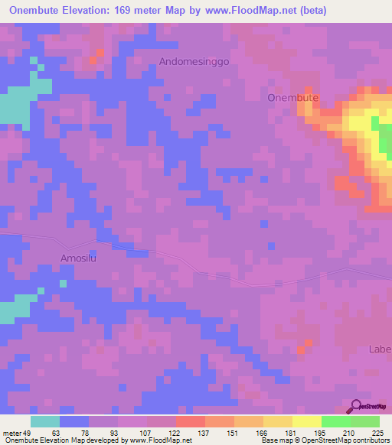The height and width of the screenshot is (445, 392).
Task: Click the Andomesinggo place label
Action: coord(194,60)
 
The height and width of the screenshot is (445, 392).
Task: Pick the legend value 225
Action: coord(377,432)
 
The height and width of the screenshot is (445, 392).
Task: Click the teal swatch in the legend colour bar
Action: coord(45,421)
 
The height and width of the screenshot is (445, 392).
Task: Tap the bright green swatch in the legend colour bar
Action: coord(335,421)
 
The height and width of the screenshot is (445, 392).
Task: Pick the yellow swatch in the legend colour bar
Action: coord(306,421)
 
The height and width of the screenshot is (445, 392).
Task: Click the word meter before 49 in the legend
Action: coord(12,432)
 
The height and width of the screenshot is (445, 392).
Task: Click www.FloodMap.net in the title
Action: coord(260,11)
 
